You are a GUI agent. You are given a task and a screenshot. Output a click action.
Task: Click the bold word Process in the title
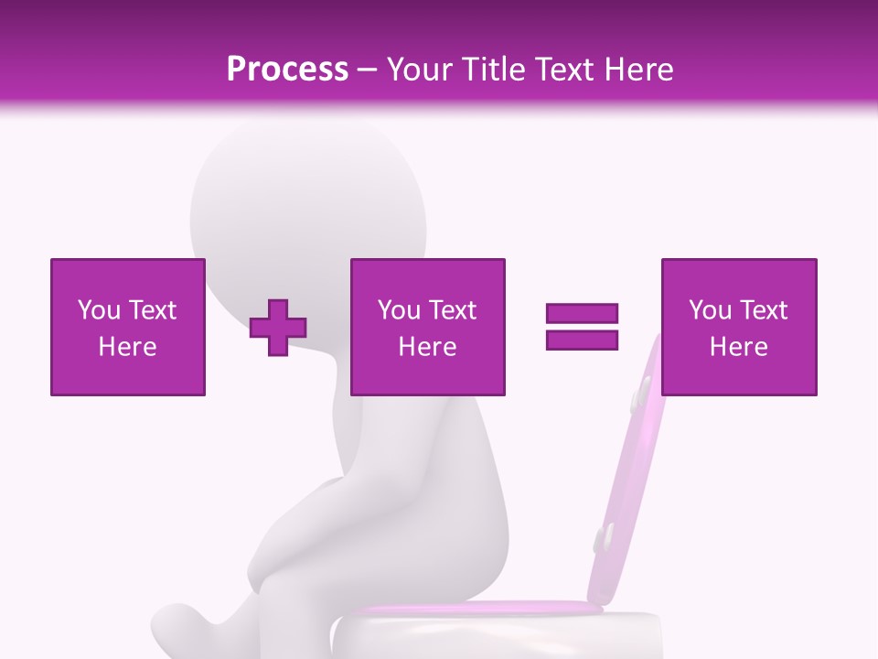click(287, 70)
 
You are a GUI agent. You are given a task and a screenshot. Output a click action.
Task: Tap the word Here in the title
click(637, 70)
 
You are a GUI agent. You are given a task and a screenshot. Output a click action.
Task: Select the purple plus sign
click(278, 327)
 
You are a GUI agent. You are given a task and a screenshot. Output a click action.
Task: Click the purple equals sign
click(582, 327)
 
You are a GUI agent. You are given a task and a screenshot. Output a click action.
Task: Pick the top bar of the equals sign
click(582, 313)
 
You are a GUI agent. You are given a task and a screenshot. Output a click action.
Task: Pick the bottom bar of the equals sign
click(582, 340)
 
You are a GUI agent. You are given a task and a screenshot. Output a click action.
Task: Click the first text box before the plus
click(128, 327)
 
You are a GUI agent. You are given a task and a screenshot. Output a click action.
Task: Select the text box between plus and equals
click(427, 327)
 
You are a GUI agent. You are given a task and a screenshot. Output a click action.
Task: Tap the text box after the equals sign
click(739, 327)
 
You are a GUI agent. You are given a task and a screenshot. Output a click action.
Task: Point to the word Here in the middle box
click(427, 347)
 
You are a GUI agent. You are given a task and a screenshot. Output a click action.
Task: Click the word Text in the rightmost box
click(763, 310)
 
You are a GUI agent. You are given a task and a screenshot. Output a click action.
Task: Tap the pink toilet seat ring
click(476, 608)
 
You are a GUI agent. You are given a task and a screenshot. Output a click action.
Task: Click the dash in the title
click(368, 70)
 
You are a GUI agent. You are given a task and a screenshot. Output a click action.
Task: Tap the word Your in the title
click(422, 70)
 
